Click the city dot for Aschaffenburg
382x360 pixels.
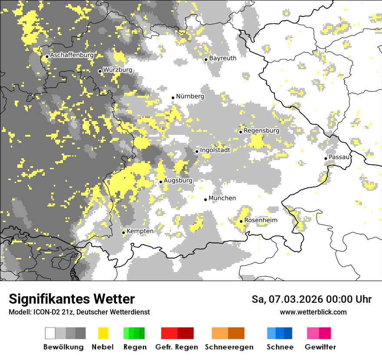[47, 56]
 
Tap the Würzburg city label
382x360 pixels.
[118, 70]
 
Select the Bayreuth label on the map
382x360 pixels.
[223, 58]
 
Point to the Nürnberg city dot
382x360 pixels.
[173, 98]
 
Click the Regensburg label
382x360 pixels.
[261, 131]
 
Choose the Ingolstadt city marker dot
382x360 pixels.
[197, 151]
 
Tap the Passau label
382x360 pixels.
[339, 157]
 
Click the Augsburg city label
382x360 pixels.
[178, 180]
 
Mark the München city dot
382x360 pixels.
[206, 200]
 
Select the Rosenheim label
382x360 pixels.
[260, 220]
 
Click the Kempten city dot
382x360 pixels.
[123, 232]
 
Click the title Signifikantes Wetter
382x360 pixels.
[72, 299]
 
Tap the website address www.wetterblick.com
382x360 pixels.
[313, 312]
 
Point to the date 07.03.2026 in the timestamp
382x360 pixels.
[295, 299]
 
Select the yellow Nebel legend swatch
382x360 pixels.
[103, 333]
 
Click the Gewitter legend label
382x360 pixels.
[320, 347]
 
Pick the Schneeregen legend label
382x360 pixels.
[229, 347]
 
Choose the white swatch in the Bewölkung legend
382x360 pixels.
[50, 333]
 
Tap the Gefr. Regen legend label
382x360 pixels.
[176, 347]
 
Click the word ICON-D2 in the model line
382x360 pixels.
[44, 312]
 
